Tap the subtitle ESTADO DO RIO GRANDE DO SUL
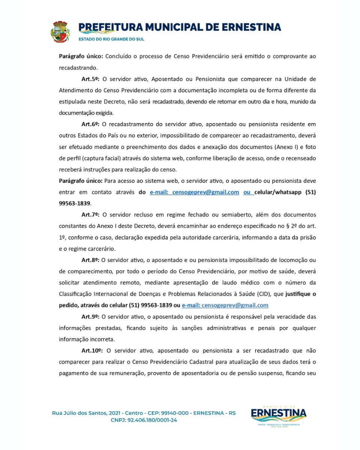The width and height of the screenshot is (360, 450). coord(111,39)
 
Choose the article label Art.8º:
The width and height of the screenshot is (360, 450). coord(90,260)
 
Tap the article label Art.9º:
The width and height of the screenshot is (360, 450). coord(90,316)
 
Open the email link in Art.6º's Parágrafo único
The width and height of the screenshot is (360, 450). coord(194,192)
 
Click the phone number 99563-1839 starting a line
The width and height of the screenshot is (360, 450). coord(75,204)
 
